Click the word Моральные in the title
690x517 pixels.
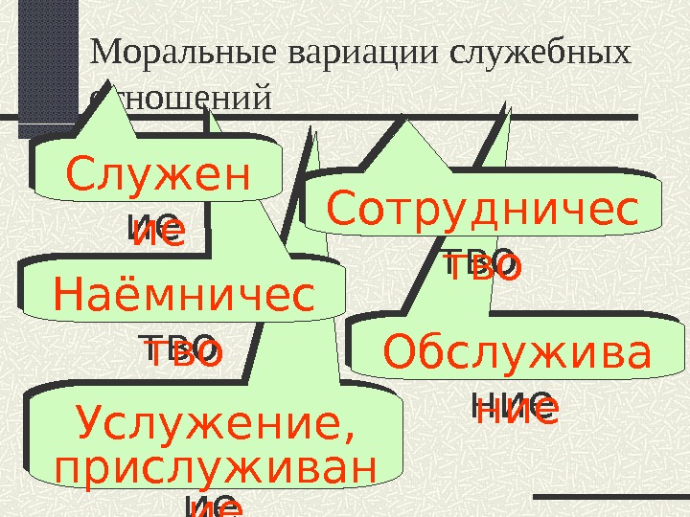[x=164, y=55]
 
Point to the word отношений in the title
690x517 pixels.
[x=182, y=98]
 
